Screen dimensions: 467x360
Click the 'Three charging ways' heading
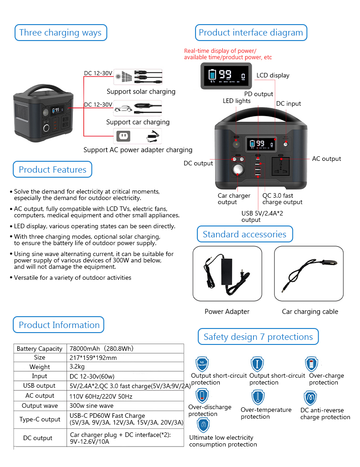(x=60, y=33)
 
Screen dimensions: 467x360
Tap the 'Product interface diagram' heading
(x=251, y=33)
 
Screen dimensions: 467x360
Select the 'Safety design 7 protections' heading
(x=258, y=337)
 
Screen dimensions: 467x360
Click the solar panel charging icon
(x=124, y=76)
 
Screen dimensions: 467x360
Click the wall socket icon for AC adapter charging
(x=122, y=136)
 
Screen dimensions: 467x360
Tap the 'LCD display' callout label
(x=273, y=75)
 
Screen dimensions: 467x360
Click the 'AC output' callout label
(x=326, y=159)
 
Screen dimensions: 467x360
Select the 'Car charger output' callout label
(x=233, y=199)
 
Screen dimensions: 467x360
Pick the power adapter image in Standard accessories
(x=227, y=273)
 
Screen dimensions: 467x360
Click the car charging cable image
(x=309, y=273)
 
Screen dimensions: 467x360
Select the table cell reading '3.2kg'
(x=76, y=367)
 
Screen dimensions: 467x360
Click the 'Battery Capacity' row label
(x=40, y=349)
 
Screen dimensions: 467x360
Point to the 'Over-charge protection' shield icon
(x=312, y=364)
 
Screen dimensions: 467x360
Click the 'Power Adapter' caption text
(x=227, y=312)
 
